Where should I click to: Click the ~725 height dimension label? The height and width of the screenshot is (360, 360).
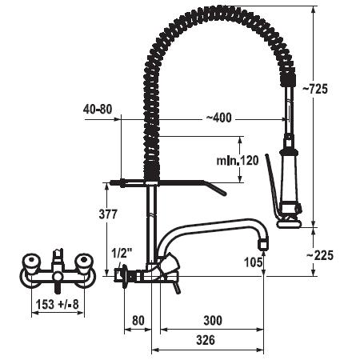pos(314,89)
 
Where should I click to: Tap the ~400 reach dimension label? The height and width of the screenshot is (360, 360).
pos(219,118)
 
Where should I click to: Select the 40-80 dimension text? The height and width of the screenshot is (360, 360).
pos(98,109)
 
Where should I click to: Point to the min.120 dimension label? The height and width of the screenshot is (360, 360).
pos(238,160)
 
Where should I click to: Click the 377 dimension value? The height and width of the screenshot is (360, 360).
pos(108,214)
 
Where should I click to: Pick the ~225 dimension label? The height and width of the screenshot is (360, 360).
pos(320,255)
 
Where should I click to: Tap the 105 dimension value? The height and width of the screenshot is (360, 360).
pos(254,262)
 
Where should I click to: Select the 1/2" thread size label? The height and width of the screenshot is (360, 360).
pos(122,254)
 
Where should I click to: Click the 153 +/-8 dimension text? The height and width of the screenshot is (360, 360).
pos(58,304)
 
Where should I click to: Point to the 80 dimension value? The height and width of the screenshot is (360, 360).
pos(138,320)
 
